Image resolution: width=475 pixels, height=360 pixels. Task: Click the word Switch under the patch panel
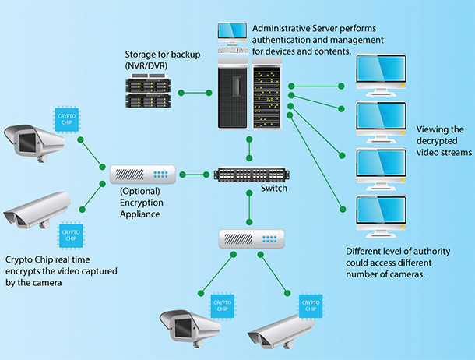pos(273,189)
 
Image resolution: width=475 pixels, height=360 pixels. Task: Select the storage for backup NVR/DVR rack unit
pos(149,92)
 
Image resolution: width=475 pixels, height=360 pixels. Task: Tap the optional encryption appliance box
pos(144,172)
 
